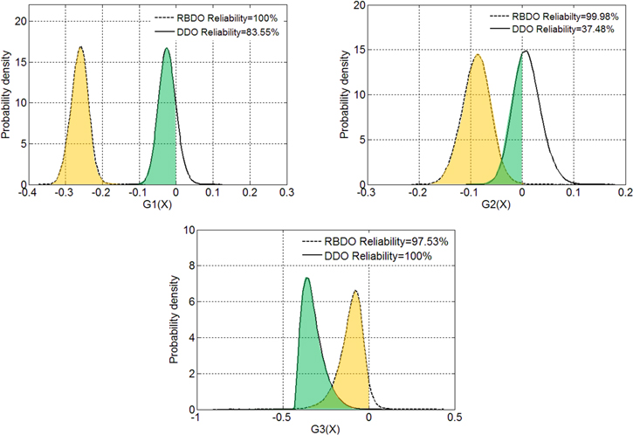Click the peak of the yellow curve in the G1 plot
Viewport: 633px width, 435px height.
(x=80, y=47)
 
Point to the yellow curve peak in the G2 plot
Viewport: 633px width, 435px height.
(x=478, y=55)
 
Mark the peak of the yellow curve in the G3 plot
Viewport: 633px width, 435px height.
(x=355, y=291)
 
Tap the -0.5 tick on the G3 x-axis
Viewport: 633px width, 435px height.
(x=281, y=418)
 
